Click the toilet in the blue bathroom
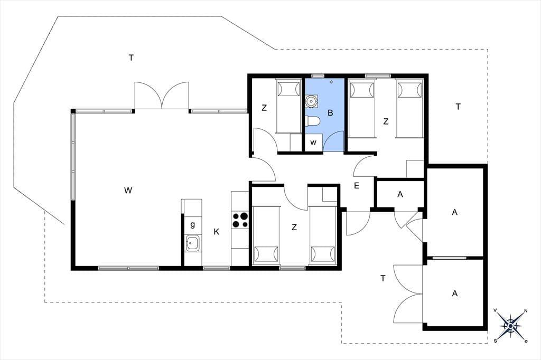313,121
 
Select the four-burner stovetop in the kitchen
240,220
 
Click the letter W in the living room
128,190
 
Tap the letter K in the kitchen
216,232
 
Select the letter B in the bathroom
330,113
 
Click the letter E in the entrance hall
357,186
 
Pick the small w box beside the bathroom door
313,143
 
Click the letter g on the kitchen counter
192,225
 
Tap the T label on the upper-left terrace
131,58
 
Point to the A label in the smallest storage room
400,194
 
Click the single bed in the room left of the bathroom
288,106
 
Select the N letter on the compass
526,311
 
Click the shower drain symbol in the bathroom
331,82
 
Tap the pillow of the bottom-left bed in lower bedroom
266,254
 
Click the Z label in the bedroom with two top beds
386,121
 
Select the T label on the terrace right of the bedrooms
458,107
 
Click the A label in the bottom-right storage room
455,293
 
